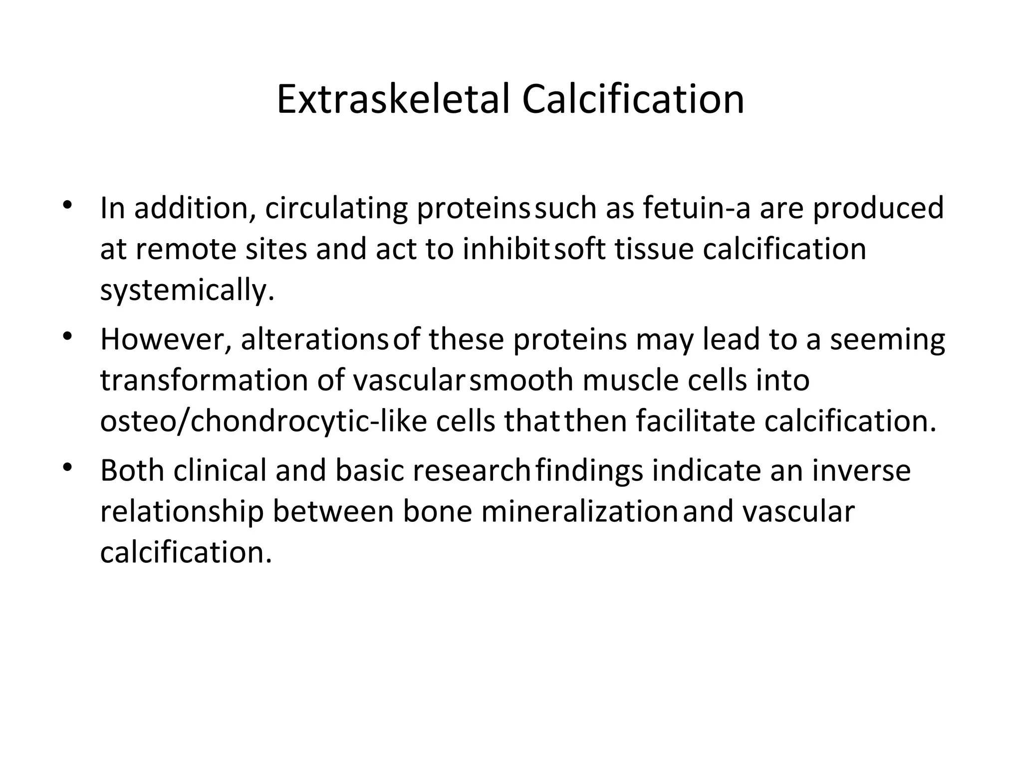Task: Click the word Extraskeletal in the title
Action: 393,99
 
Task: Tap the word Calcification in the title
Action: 633,99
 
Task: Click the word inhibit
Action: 507,249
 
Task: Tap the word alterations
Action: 314,340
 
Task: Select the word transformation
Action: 204,381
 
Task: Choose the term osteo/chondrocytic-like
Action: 263,422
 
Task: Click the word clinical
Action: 220,471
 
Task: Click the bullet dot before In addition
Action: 68,205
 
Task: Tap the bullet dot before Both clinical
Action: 68,468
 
